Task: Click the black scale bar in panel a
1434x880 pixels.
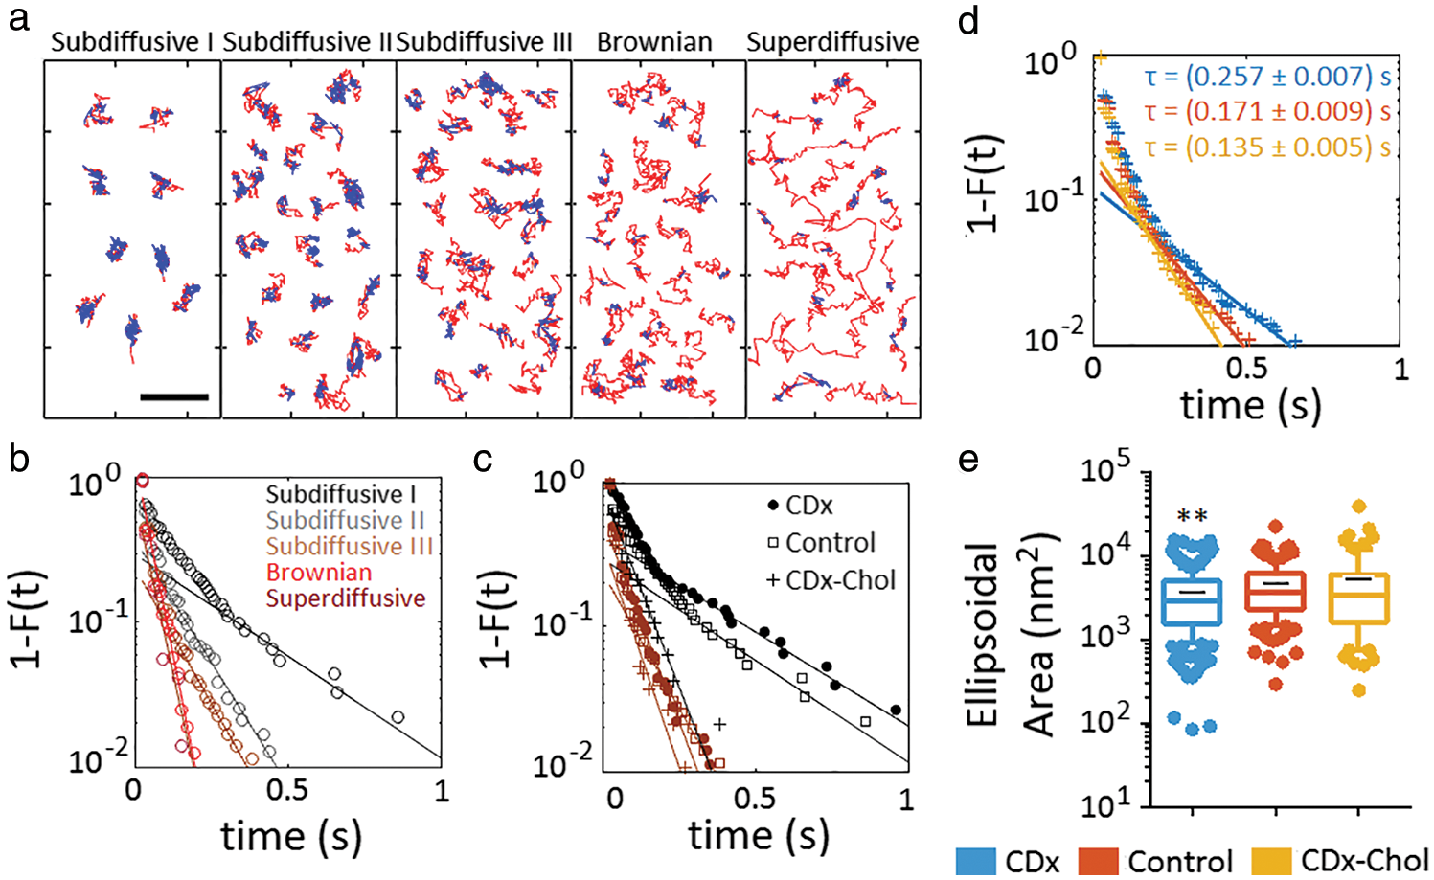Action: (173, 395)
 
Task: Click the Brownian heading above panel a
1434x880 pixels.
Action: (654, 42)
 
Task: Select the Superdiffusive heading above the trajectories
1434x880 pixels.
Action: (832, 42)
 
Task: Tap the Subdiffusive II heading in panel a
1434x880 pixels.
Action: (307, 42)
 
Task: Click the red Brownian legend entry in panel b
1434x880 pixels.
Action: (319, 573)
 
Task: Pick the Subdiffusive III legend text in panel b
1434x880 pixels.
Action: (349, 547)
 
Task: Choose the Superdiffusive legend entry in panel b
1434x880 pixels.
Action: (346, 598)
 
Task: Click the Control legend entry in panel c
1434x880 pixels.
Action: (830, 543)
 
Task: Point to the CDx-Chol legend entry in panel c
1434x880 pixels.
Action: (840, 580)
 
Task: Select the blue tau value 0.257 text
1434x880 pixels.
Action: (1266, 77)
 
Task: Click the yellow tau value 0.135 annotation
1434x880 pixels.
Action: (1266, 147)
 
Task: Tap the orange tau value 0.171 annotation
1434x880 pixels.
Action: (1266, 112)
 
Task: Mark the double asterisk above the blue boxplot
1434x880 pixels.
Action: (1192, 516)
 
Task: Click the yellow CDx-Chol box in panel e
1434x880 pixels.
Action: (1359, 599)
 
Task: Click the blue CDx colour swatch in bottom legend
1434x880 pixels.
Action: (976, 860)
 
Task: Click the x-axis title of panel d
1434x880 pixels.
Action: (1250, 404)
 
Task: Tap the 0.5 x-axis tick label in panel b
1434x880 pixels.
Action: (287, 790)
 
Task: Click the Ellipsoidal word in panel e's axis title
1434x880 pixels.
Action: (984, 635)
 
